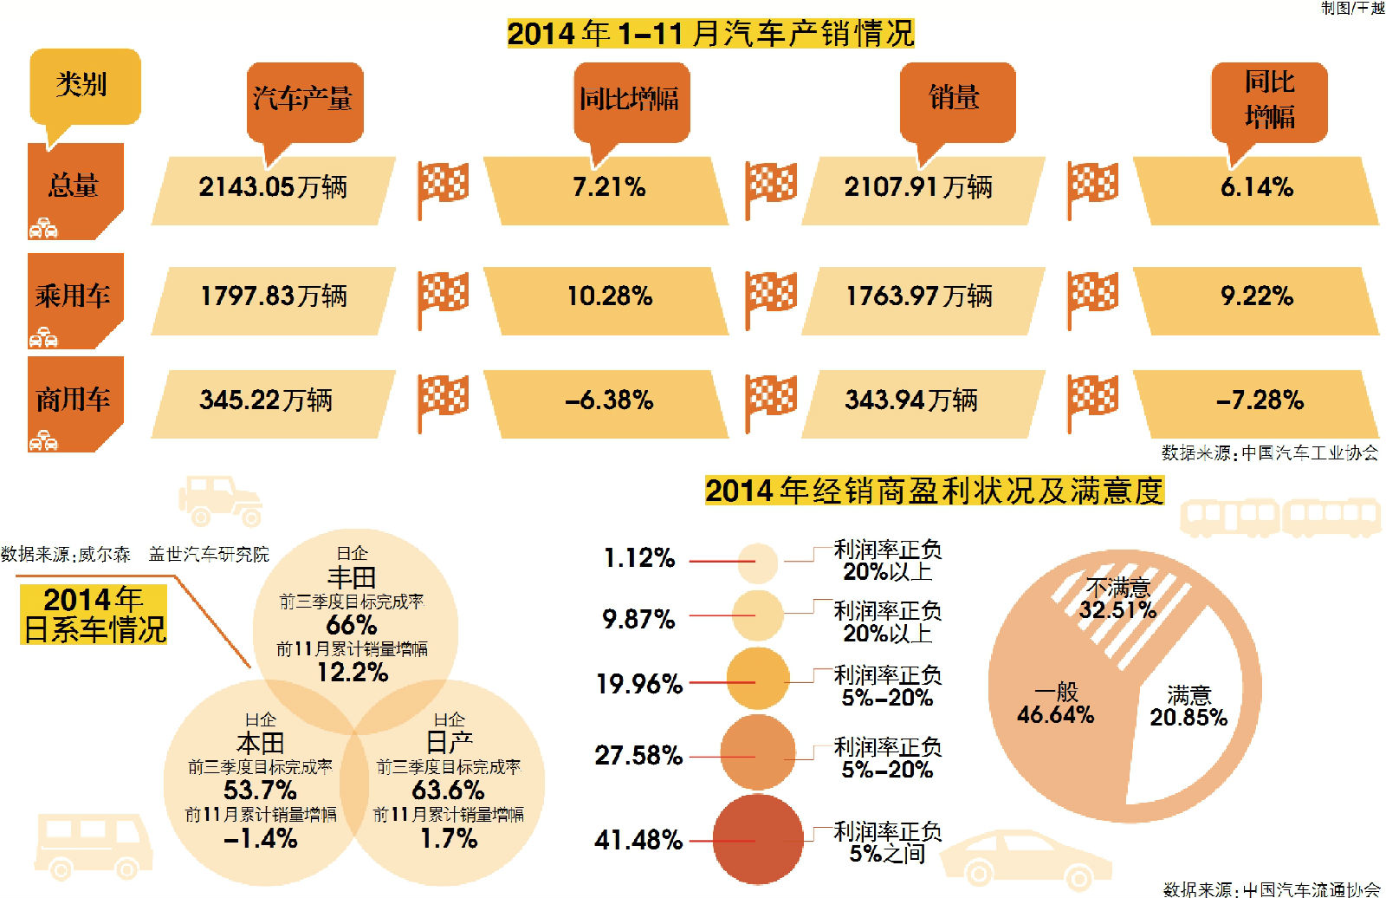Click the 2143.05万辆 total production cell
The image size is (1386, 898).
273,187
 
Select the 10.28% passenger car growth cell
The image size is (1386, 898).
609,296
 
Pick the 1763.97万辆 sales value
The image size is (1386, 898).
919,296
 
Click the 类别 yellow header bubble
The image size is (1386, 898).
83,86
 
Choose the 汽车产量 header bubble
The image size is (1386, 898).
303,99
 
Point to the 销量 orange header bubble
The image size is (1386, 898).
955,97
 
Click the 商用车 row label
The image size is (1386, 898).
74,400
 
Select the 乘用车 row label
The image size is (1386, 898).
74,296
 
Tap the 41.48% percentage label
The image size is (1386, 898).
638,840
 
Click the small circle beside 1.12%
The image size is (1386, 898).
758,563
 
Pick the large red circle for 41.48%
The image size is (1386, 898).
758,839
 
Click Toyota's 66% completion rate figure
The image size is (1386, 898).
351,625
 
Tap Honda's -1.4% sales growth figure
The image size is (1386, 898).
260,838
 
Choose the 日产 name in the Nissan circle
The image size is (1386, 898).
449,743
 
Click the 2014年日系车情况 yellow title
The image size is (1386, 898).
94,615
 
